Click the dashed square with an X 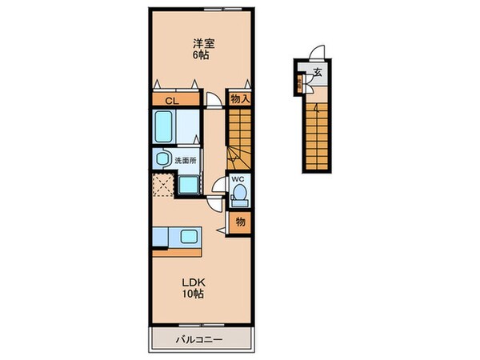[164, 184]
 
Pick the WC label [238, 178]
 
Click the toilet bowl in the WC [240, 194]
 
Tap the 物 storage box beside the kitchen [239, 221]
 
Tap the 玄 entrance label [317, 73]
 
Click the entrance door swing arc [318, 52]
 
